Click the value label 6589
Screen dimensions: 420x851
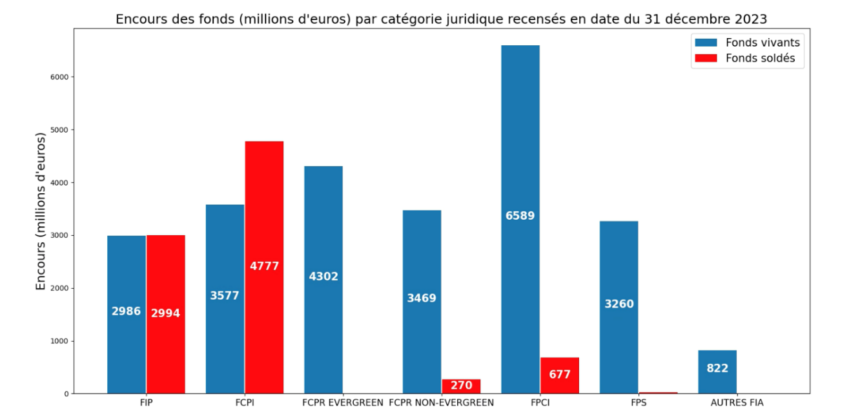520,216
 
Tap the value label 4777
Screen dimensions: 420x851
264,266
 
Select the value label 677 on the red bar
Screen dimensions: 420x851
560,374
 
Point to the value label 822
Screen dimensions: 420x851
717,368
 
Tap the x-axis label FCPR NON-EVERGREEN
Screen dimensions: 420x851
442,403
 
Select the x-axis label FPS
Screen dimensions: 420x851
639,403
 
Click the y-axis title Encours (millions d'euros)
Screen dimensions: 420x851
41,211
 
